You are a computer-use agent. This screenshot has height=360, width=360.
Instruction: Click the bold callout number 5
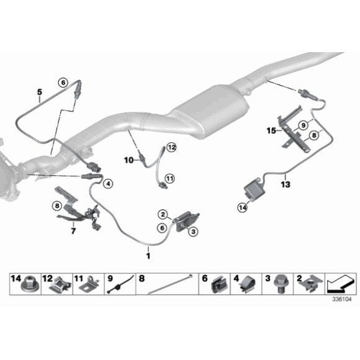click(40, 92)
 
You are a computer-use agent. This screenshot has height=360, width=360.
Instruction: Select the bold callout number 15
click(271, 130)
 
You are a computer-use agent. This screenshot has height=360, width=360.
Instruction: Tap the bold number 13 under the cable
click(286, 184)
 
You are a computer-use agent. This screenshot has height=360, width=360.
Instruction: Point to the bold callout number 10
click(129, 160)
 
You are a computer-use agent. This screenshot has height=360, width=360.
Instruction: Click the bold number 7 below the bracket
click(73, 231)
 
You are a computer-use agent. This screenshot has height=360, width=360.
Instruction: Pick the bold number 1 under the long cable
click(148, 256)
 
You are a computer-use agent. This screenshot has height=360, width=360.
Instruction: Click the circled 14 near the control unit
click(243, 208)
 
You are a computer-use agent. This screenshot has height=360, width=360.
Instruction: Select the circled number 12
click(171, 147)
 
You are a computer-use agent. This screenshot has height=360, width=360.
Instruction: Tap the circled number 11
click(169, 178)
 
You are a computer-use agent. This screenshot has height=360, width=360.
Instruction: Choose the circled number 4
click(108, 184)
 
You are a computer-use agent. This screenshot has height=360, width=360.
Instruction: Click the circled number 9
click(304, 125)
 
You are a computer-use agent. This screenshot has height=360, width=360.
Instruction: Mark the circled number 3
click(193, 232)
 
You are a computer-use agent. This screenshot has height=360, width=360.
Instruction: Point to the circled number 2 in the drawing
click(163, 214)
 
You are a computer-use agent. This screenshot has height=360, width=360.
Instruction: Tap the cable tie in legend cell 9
click(120, 285)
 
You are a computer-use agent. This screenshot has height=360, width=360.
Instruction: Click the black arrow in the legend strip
click(341, 283)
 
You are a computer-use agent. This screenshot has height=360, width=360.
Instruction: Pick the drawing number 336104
click(342, 299)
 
